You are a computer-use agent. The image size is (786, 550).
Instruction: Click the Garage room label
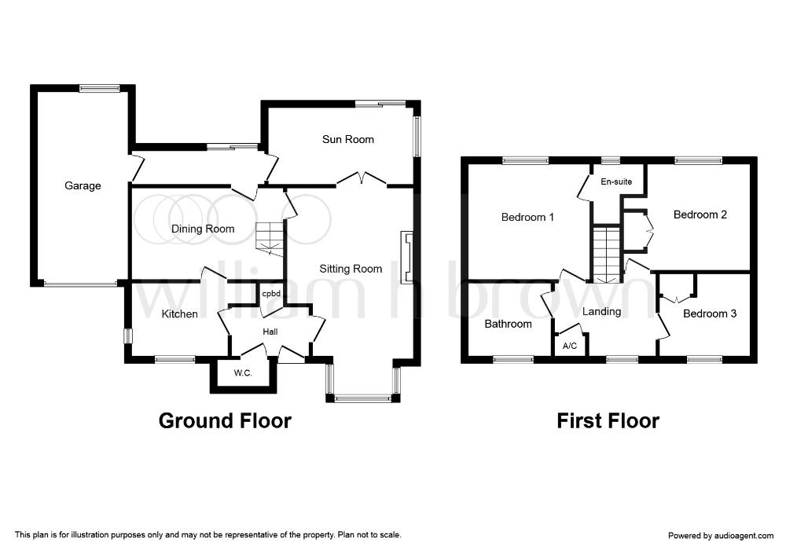83,186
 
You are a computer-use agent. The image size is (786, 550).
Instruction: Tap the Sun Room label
348,139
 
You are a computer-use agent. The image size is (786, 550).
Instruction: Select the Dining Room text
203,229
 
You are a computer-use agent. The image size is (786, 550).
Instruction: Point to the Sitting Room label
351,269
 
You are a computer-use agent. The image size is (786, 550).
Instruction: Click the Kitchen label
179,314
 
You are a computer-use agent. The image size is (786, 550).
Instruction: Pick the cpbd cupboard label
271,294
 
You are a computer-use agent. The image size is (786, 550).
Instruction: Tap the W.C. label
243,373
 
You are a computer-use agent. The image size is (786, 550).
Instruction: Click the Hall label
270,332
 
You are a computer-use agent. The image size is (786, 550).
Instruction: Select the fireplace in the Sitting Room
406,257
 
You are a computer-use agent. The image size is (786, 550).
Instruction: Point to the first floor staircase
607,254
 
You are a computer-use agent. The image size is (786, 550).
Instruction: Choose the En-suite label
616,181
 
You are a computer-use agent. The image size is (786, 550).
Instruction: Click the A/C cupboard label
570,346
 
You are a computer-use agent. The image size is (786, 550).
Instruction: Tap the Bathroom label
509,324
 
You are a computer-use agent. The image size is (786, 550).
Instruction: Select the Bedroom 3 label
710,314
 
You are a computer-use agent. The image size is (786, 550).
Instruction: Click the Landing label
601,312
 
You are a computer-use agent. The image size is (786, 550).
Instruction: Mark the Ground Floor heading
225,421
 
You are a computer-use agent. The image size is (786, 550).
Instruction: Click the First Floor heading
608,421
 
